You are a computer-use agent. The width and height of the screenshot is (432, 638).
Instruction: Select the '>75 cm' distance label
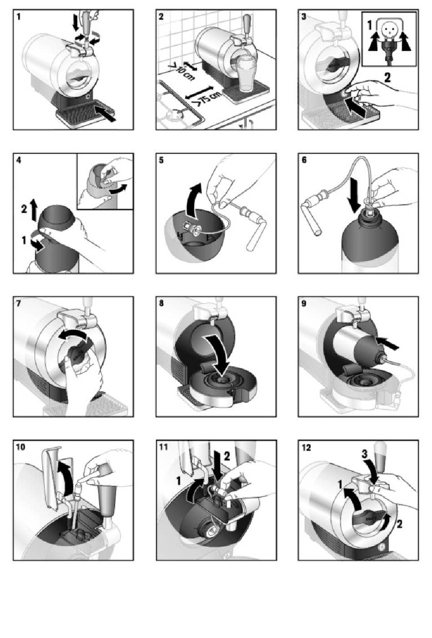click(x=209, y=97)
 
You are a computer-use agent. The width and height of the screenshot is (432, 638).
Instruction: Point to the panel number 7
click(x=19, y=304)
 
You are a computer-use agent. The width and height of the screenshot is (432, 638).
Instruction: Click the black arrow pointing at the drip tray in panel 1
click(x=105, y=113)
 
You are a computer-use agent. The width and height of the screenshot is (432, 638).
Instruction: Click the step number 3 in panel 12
click(x=365, y=454)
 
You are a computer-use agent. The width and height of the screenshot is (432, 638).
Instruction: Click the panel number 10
click(x=20, y=447)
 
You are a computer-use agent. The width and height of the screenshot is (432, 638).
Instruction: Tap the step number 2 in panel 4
click(x=24, y=209)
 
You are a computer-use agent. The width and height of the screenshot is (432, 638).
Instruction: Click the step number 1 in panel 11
click(x=178, y=481)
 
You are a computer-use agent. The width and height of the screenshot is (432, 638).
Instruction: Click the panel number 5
click(x=161, y=160)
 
